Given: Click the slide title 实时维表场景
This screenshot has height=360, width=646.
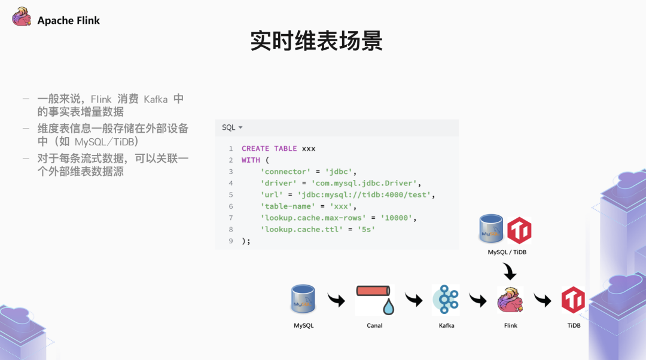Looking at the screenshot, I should (x=316, y=41).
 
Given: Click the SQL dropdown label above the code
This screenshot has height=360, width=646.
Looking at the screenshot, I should (x=232, y=127).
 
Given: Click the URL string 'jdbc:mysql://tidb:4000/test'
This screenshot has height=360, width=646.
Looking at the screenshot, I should (x=371, y=194).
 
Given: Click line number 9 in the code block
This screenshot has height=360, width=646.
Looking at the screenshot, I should (x=230, y=240).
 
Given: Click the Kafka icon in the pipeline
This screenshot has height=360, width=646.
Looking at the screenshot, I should (x=446, y=300).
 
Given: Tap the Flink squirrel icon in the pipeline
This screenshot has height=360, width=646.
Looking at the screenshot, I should (x=510, y=300).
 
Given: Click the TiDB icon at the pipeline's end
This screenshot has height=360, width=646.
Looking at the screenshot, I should (x=573, y=300).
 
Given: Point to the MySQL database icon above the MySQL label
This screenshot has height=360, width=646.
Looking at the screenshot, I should (x=304, y=299).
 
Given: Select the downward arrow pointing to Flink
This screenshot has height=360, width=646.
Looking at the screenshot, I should (x=509, y=273).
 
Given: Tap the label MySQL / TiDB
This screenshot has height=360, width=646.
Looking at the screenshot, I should (x=507, y=252).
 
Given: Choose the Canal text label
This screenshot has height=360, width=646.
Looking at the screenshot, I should (x=374, y=325).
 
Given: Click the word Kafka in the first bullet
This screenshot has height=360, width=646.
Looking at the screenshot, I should (x=156, y=99).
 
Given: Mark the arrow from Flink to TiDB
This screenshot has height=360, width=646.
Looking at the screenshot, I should (x=543, y=299).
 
